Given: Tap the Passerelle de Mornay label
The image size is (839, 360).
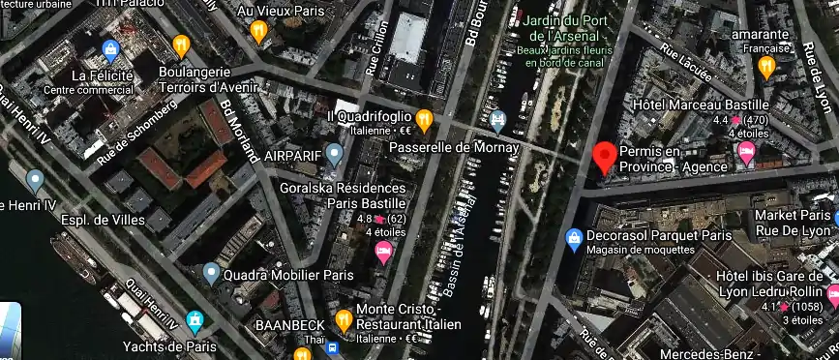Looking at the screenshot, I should click(x=441, y=147).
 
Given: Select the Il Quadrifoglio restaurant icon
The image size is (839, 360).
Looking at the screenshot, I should click(x=423, y=118).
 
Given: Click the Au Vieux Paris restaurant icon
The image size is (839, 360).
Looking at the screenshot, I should click(x=257, y=30).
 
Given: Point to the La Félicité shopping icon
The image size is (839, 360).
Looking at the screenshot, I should click(x=110, y=49).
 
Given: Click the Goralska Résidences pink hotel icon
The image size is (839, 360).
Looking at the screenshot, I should click(x=383, y=252).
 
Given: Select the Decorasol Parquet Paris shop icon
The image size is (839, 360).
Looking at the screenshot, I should click(x=573, y=236).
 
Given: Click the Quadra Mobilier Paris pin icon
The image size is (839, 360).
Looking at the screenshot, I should click(x=211, y=274).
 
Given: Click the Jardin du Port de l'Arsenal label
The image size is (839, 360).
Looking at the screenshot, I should click(x=564, y=29).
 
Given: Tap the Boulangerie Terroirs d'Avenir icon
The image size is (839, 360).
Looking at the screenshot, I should click(x=180, y=45).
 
